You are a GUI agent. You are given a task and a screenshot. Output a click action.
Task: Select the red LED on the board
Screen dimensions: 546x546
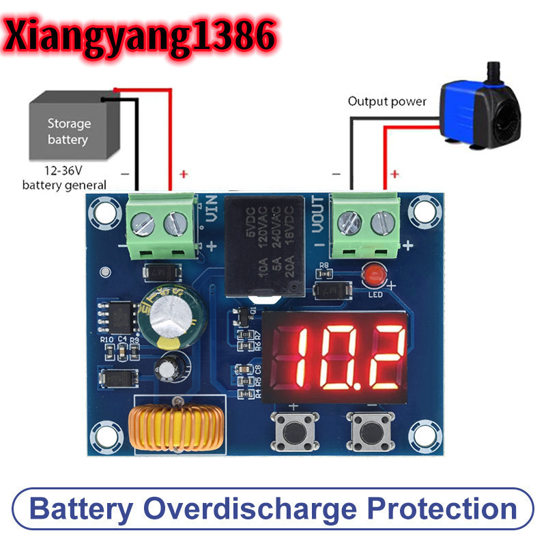coord(373,276)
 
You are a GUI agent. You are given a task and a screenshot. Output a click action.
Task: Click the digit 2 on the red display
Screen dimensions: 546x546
coord(380,357)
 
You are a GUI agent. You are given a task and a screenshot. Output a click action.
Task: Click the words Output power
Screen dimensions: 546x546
coord(387,102)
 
